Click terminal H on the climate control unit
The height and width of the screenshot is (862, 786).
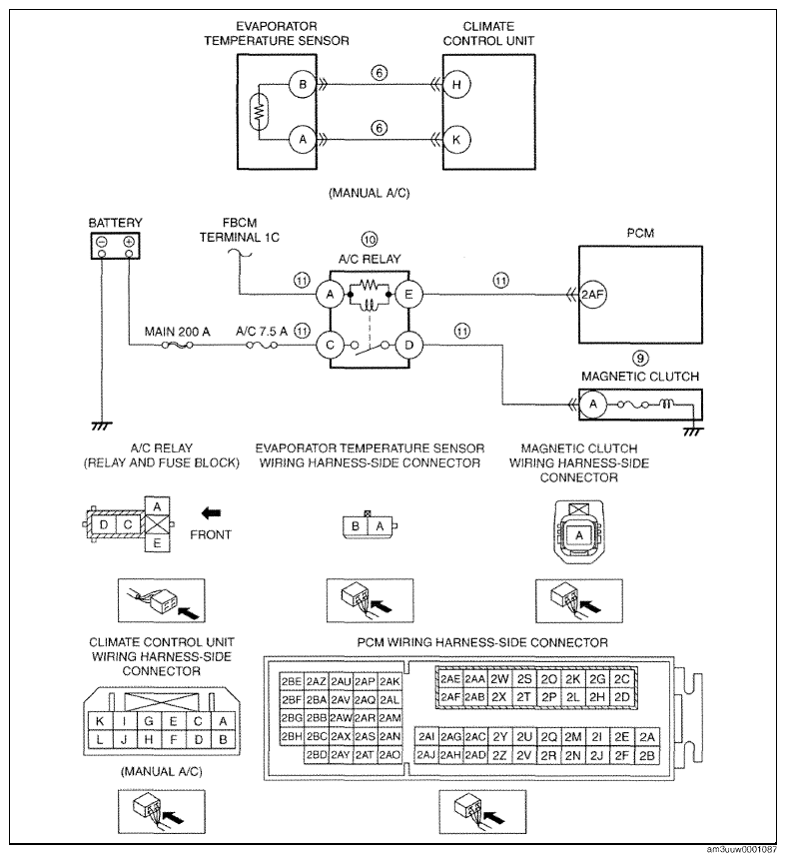(456, 84)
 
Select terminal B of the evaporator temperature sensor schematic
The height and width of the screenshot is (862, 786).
(303, 84)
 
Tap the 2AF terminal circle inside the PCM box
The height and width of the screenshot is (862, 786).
(592, 294)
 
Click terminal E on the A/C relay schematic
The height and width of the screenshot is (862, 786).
(408, 294)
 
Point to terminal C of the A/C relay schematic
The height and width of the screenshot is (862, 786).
(330, 345)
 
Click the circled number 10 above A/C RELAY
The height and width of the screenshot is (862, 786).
(370, 240)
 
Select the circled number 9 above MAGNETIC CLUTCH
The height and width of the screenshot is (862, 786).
(640, 359)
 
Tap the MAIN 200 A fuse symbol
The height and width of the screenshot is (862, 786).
(177, 346)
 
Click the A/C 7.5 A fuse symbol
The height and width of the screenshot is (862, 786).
(262, 346)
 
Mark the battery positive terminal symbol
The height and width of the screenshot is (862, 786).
(129, 242)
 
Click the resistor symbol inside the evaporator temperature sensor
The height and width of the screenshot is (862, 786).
(259, 112)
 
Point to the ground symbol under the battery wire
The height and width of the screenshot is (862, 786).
(102, 427)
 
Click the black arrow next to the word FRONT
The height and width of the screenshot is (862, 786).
(211, 513)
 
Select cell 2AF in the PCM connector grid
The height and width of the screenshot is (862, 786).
(450, 696)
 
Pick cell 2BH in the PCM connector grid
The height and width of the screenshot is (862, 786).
(292, 736)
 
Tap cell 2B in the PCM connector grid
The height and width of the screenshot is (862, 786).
(647, 755)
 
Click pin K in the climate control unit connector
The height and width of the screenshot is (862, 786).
(100, 721)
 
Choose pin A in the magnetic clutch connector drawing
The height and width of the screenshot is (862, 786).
(579, 535)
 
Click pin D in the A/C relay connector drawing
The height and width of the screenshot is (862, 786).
(103, 524)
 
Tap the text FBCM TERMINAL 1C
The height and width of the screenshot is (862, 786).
(239, 230)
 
